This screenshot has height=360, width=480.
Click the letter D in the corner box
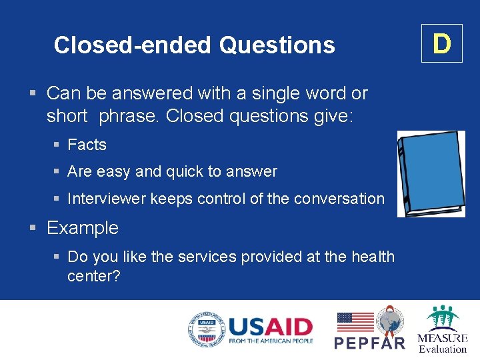pyautogui.click(x=441, y=43)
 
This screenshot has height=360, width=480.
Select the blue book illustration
pyautogui.click(x=431, y=173)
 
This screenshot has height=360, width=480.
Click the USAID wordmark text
pyautogui.click(x=270, y=327)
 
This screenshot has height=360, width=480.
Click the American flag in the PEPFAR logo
pyautogui.click(x=355, y=322)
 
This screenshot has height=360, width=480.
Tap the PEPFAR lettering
pyautogui.click(x=369, y=343)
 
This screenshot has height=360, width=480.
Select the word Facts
pyautogui.click(x=87, y=145)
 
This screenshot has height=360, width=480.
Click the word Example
pyautogui.click(x=83, y=228)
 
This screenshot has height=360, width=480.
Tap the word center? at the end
pyautogui.click(x=93, y=275)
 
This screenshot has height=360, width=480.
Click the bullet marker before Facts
pyautogui.click(x=58, y=145)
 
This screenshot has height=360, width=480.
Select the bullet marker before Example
pyautogui.click(x=33, y=228)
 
